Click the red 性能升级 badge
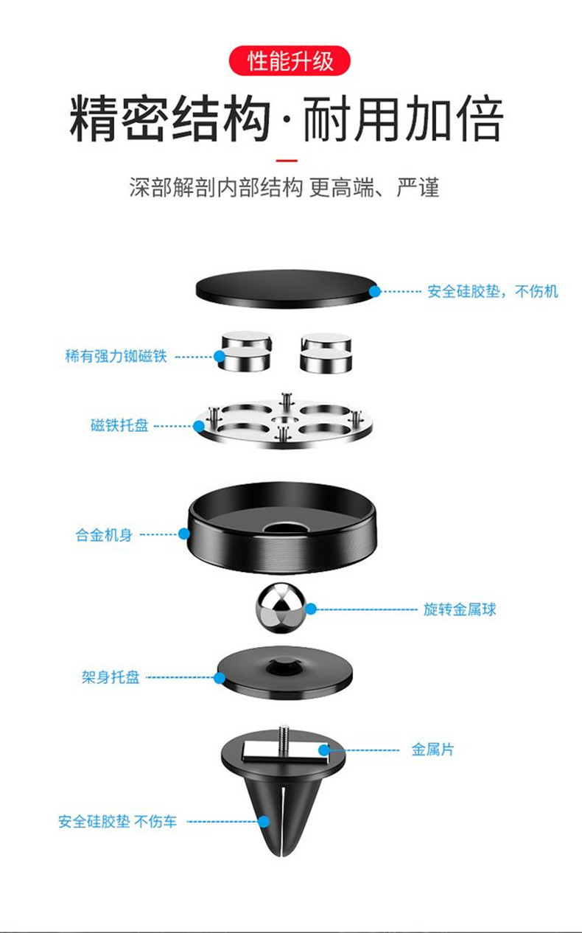click(290, 60)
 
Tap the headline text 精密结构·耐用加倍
click(287, 119)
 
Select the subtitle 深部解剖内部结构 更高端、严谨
click(284, 187)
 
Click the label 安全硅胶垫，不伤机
click(493, 291)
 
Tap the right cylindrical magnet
click(326, 352)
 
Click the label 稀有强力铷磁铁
click(116, 357)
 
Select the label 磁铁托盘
click(119, 425)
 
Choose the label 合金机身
click(104, 535)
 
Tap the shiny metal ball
click(281, 609)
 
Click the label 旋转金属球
click(460, 609)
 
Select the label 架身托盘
click(111, 677)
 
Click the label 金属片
click(432, 750)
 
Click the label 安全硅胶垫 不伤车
click(118, 821)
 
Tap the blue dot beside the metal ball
click(311, 609)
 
